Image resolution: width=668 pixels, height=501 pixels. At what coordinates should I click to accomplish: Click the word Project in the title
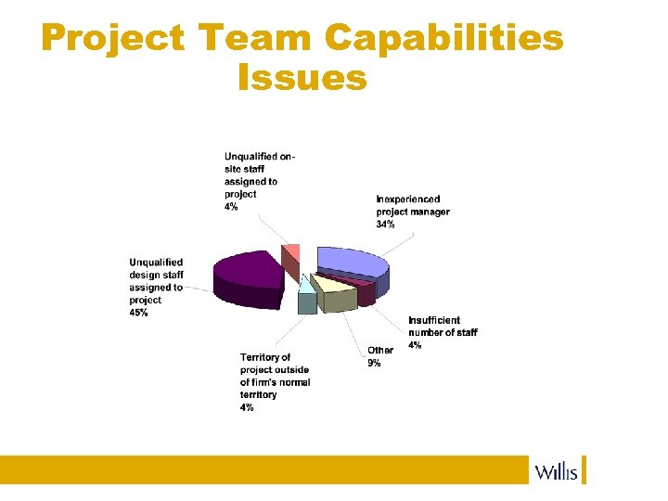(112, 39)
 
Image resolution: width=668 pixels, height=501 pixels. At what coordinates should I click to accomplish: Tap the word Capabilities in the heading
(444, 39)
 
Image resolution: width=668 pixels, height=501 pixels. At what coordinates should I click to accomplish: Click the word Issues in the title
(302, 78)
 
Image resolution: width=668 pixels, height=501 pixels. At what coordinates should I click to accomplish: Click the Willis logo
(558, 471)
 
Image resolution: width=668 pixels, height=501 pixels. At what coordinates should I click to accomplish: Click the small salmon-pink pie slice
(291, 252)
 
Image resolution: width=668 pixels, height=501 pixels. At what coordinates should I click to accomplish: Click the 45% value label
(139, 314)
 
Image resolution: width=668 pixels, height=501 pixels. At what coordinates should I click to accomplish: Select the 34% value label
(386, 225)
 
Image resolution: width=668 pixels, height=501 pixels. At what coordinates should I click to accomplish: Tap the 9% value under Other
(374, 363)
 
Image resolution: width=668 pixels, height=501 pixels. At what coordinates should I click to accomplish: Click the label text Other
(380, 351)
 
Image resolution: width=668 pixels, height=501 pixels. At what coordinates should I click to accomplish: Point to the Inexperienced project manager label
(413, 205)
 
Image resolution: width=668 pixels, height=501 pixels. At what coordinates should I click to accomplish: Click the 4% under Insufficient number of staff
(416, 345)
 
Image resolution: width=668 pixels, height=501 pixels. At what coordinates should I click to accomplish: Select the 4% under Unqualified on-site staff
(231, 208)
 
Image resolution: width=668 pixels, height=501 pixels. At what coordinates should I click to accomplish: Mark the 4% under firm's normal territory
(247, 407)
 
